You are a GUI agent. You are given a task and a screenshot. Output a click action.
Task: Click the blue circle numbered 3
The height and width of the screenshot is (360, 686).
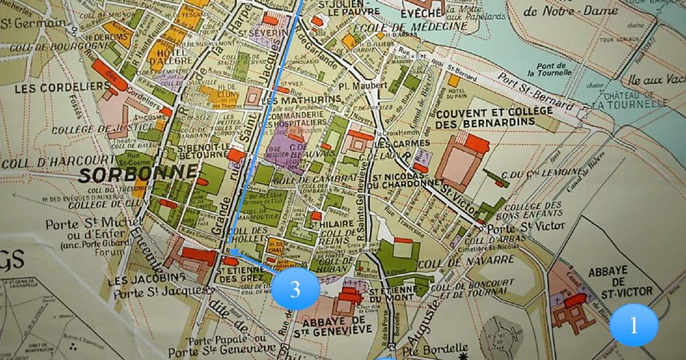(295, 288)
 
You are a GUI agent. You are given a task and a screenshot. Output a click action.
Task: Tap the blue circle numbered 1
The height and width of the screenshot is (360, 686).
(633, 325)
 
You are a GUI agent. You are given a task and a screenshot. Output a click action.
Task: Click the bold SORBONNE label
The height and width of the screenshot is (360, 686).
(138, 173)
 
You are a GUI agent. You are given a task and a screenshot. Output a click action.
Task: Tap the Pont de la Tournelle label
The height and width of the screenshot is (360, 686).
(551, 70)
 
